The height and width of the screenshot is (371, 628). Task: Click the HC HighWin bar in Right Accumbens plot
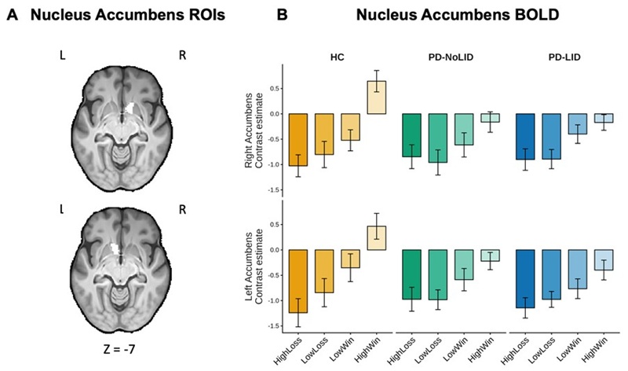tap(377, 97)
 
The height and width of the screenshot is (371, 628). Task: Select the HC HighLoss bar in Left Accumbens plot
tap(298, 281)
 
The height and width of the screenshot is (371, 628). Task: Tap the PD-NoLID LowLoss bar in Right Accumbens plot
tap(438, 138)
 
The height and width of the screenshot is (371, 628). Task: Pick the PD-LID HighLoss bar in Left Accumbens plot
tap(525, 279)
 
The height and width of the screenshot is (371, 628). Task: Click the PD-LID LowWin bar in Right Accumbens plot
tap(578, 124)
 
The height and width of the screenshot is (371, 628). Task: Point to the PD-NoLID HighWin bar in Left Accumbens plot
tap(490, 255)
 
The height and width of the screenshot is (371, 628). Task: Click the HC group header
tap(338, 57)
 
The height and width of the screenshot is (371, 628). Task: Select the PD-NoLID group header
tap(451, 57)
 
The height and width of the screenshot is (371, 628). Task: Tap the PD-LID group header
tap(564, 57)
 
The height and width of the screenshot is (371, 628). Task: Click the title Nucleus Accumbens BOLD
tap(458, 15)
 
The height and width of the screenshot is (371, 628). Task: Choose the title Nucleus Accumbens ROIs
tap(128, 15)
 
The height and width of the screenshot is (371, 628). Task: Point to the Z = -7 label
tap(119, 349)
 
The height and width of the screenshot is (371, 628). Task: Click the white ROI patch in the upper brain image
tap(129, 107)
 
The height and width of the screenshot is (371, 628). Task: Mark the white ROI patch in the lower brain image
tap(115, 248)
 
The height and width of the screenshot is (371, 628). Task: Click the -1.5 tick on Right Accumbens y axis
tap(273, 189)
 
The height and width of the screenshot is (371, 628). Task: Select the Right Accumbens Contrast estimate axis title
tap(254, 130)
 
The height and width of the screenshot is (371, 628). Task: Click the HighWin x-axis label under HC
tap(368, 350)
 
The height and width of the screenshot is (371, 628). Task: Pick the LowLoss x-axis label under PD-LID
tap(542, 350)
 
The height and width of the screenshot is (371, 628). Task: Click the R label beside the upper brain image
tap(182, 55)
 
